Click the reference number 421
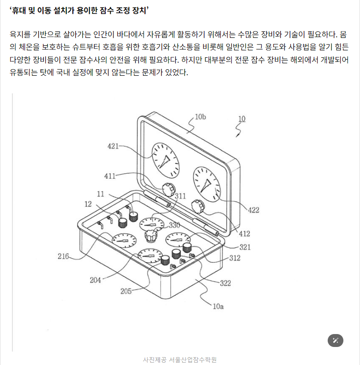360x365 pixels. click(x=113, y=146)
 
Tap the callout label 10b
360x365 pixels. click(x=200, y=117)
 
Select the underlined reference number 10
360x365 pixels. click(x=242, y=119)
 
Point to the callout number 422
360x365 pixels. click(x=253, y=210)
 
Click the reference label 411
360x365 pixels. click(x=110, y=176)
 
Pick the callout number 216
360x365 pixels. click(x=63, y=256)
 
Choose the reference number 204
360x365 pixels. click(x=96, y=280)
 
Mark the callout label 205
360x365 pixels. click(x=126, y=291)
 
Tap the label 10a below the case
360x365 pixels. click(x=218, y=307)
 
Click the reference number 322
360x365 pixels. click(x=225, y=283)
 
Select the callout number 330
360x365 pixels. click(x=174, y=225)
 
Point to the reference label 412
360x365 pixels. click(x=245, y=234)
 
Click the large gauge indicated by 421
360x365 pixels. click(x=166, y=160)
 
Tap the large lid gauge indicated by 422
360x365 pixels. click(x=207, y=184)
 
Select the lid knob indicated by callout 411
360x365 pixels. click(x=168, y=190)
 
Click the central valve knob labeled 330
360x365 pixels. click(x=151, y=236)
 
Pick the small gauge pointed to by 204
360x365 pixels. click(x=150, y=256)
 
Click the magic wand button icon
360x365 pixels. click(x=336, y=341)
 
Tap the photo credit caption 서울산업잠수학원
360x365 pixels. click(x=192, y=360)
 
